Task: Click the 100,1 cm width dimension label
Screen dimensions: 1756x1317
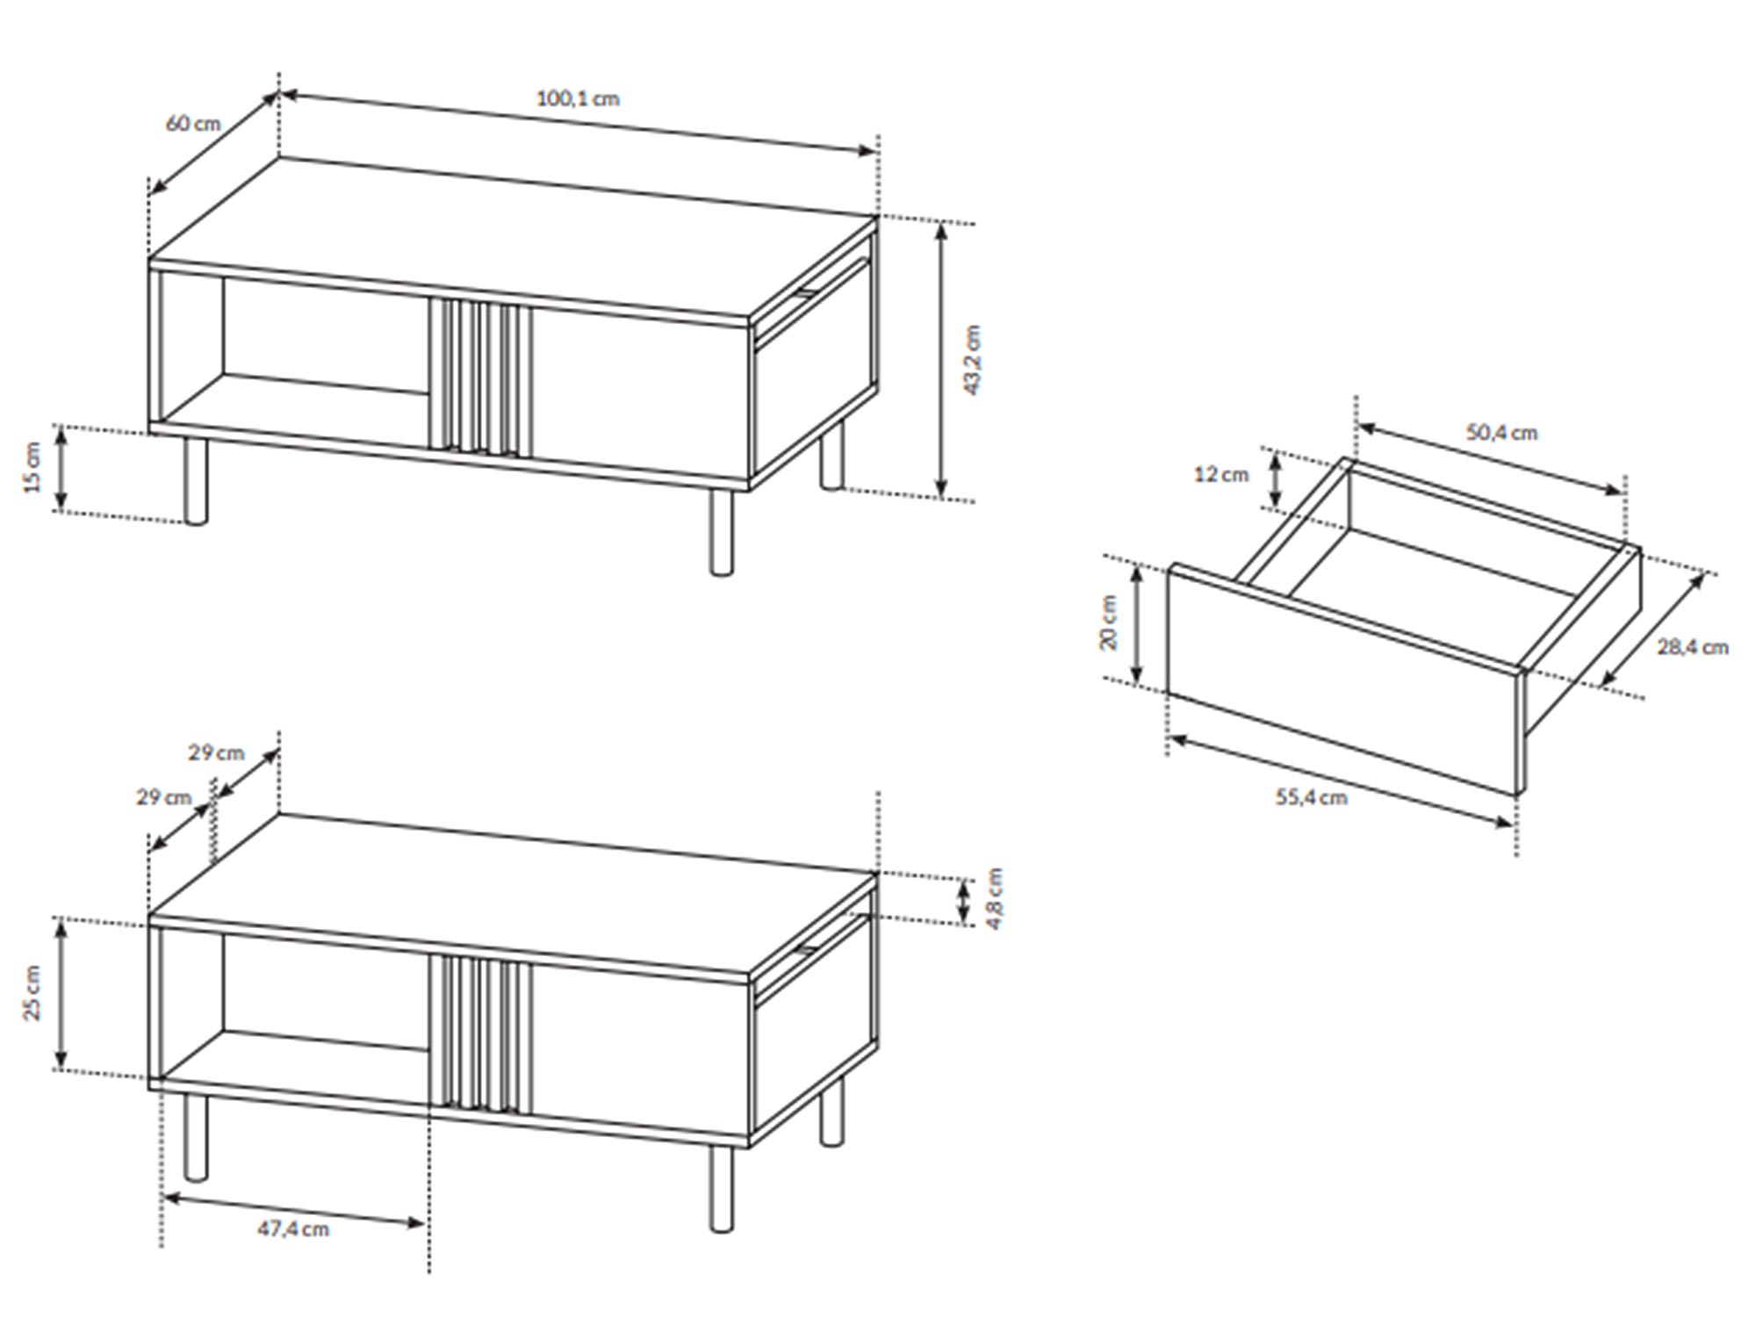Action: click(578, 98)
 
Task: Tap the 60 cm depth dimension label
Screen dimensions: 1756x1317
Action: click(193, 123)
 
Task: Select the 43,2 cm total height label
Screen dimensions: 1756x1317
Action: click(973, 360)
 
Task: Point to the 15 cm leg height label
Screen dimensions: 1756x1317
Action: click(32, 467)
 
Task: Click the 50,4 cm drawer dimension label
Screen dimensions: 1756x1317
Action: click(1502, 433)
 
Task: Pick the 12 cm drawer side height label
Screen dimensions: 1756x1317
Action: click(1221, 474)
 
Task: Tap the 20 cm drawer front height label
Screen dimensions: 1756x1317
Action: click(1109, 623)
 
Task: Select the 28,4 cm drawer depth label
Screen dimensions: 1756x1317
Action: click(1693, 647)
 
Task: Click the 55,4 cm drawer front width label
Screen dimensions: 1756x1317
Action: click(1311, 797)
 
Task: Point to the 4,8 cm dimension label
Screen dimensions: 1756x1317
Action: click(994, 898)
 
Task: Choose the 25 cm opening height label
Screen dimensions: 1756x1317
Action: click(32, 993)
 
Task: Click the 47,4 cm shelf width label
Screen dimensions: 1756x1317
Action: click(293, 1229)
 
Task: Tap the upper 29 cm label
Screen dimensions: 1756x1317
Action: click(216, 752)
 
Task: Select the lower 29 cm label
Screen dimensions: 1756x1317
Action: click(164, 797)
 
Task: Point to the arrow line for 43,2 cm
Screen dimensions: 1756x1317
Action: click(941, 360)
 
